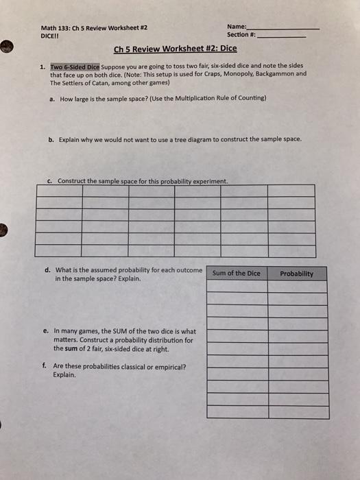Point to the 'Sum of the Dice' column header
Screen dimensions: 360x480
[237, 274]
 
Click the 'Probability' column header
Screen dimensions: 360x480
[297, 274]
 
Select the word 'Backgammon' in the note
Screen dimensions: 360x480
[279, 75]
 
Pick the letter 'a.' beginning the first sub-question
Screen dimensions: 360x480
[52, 99]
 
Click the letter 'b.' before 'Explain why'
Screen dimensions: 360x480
[52, 139]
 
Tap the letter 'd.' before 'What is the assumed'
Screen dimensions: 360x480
[49, 270]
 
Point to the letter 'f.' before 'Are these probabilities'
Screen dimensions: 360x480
[48, 366]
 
